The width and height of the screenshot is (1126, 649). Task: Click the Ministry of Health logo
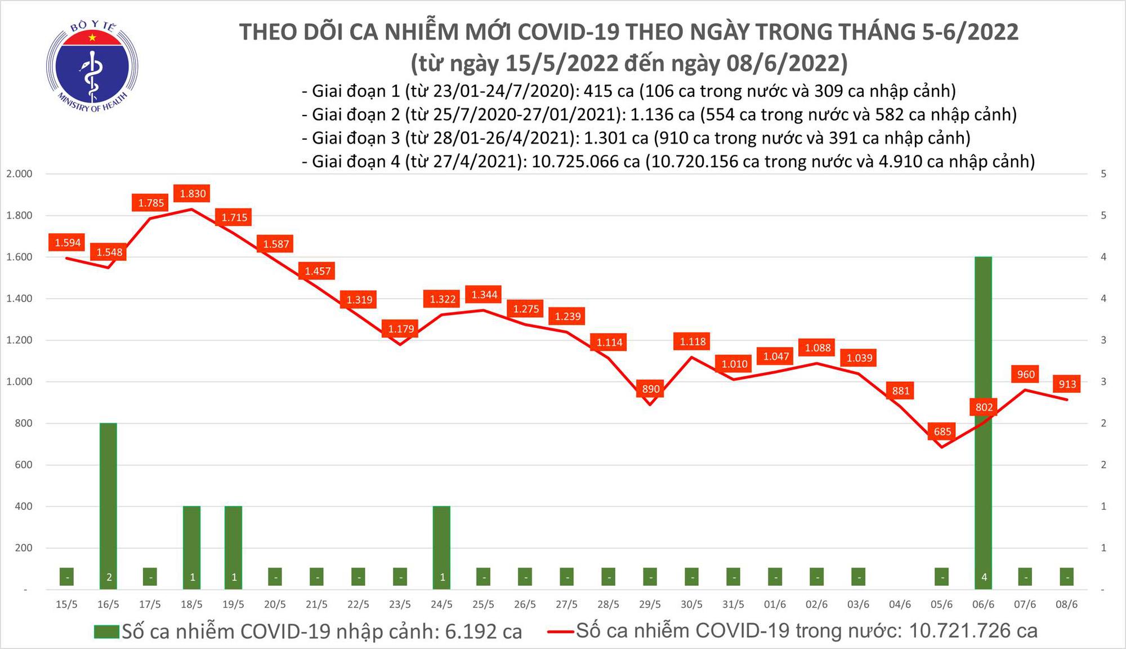click(x=92, y=66)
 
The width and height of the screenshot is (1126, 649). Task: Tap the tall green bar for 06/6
click(x=983, y=423)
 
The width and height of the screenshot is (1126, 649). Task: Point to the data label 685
click(x=942, y=432)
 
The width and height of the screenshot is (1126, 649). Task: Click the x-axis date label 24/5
click(x=441, y=604)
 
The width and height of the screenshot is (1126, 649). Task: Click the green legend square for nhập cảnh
click(x=106, y=632)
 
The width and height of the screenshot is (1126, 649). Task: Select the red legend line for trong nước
click(x=561, y=631)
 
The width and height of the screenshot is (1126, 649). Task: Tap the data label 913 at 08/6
click(x=1067, y=384)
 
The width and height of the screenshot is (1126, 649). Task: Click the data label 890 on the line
click(x=651, y=389)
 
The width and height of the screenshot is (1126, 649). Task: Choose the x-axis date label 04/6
click(x=900, y=604)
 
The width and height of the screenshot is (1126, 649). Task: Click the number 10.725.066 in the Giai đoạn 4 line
click(x=586, y=162)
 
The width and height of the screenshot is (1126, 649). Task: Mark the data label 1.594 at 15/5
click(x=68, y=243)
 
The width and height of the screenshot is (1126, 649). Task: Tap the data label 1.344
click(x=484, y=295)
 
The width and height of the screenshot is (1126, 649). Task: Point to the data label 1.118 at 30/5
click(x=692, y=341)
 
